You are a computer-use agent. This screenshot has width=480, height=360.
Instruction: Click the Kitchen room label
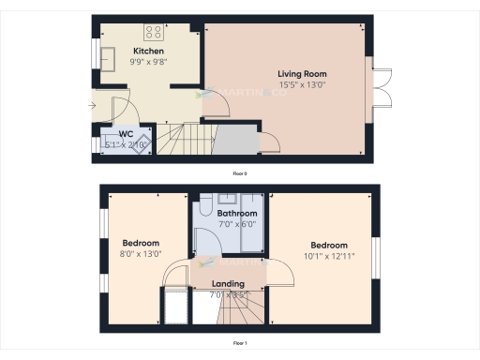click(148, 51)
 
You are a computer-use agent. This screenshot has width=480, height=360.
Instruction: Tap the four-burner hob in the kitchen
click(153, 29)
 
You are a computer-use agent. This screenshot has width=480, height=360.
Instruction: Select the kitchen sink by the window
click(109, 53)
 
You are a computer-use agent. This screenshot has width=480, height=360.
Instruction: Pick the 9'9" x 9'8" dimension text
click(148, 62)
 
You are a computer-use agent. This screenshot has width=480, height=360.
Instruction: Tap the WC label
click(126, 134)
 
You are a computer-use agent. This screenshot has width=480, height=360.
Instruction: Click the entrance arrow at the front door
click(90, 104)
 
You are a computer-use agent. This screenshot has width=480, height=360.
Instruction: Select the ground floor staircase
click(178, 140)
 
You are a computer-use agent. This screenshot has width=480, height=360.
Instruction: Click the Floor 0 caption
click(240, 173)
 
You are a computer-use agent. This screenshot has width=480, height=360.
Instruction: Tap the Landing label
click(228, 283)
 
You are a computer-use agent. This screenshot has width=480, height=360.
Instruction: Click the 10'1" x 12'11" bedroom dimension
click(329, 256)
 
